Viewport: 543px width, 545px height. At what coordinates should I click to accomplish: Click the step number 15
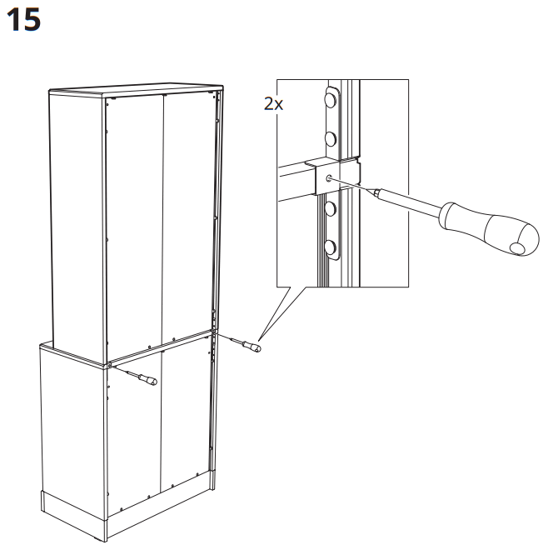click(x=22, y=20)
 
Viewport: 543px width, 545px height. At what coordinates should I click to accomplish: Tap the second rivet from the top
click(x=331, y=136)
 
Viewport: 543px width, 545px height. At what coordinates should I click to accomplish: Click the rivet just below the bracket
click(x=331, y=207)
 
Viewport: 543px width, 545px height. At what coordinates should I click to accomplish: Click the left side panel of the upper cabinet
click(x=75, y=217)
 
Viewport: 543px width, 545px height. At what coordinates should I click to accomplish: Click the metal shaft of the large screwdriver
click(x=404, y=203)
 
